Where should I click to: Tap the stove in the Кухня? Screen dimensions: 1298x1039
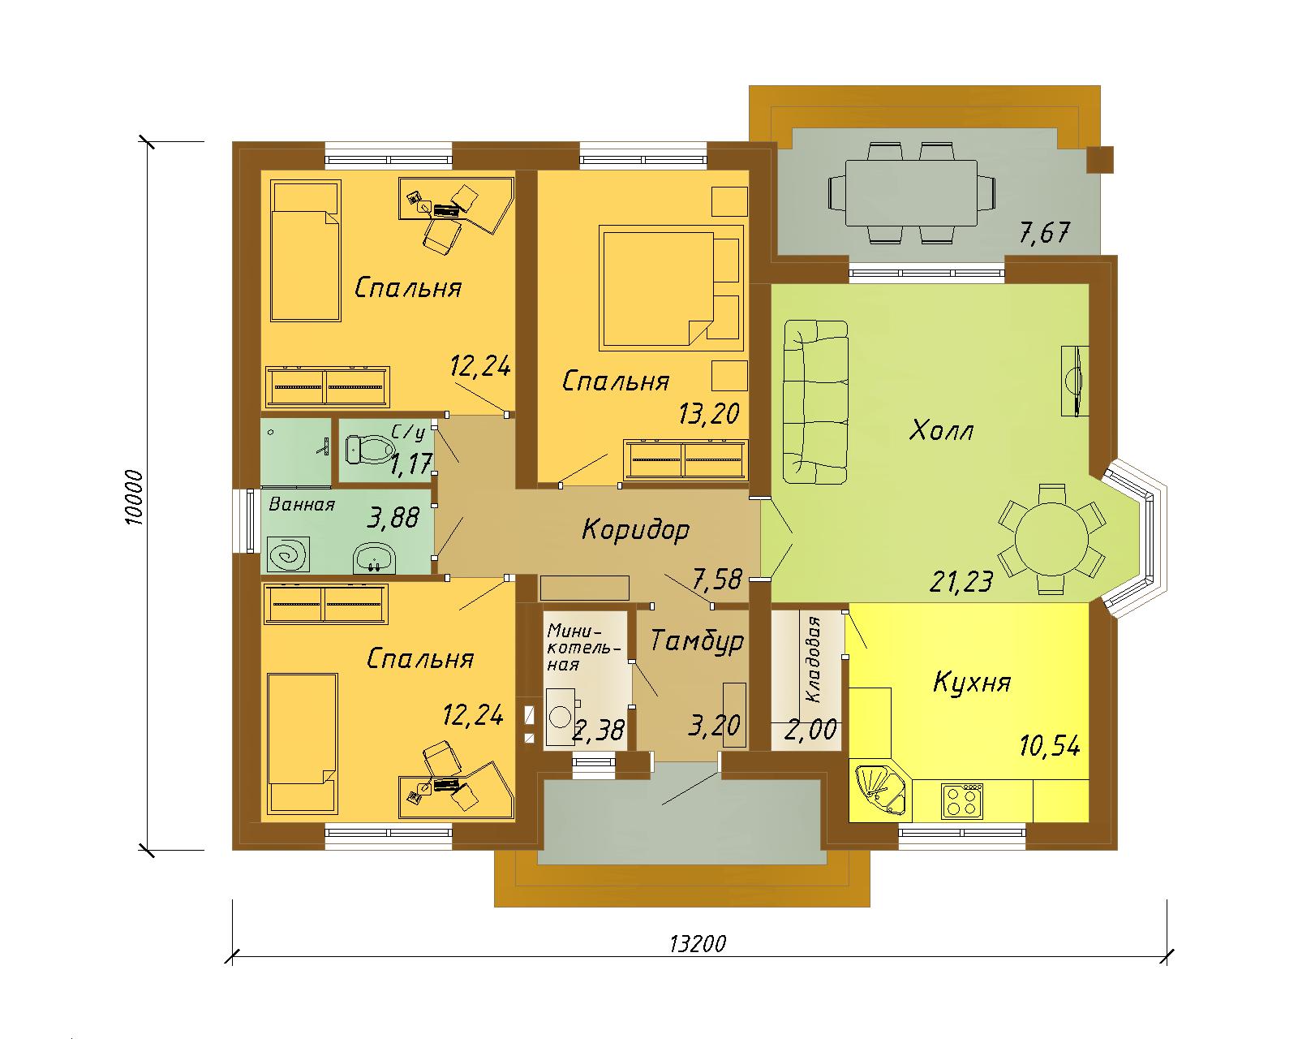point(962,800)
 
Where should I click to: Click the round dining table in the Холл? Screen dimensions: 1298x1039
point(1052,538)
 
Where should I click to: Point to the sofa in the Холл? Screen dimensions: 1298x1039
point(815,402)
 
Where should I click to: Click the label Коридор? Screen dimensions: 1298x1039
point(635,530)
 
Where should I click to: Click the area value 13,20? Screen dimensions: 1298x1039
point(709,413)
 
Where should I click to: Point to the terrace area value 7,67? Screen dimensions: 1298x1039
point(1045,232)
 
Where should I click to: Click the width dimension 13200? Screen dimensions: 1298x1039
point(698,943)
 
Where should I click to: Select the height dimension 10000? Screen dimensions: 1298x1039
point(135,497)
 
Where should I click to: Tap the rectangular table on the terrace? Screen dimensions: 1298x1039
point(911,192)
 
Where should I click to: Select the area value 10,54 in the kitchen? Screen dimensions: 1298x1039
point(1050,746)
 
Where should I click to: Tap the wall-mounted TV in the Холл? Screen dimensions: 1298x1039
point(1075,381)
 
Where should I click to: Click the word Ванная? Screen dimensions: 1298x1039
point(302,504)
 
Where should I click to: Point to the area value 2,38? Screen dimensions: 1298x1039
point(598,731)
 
